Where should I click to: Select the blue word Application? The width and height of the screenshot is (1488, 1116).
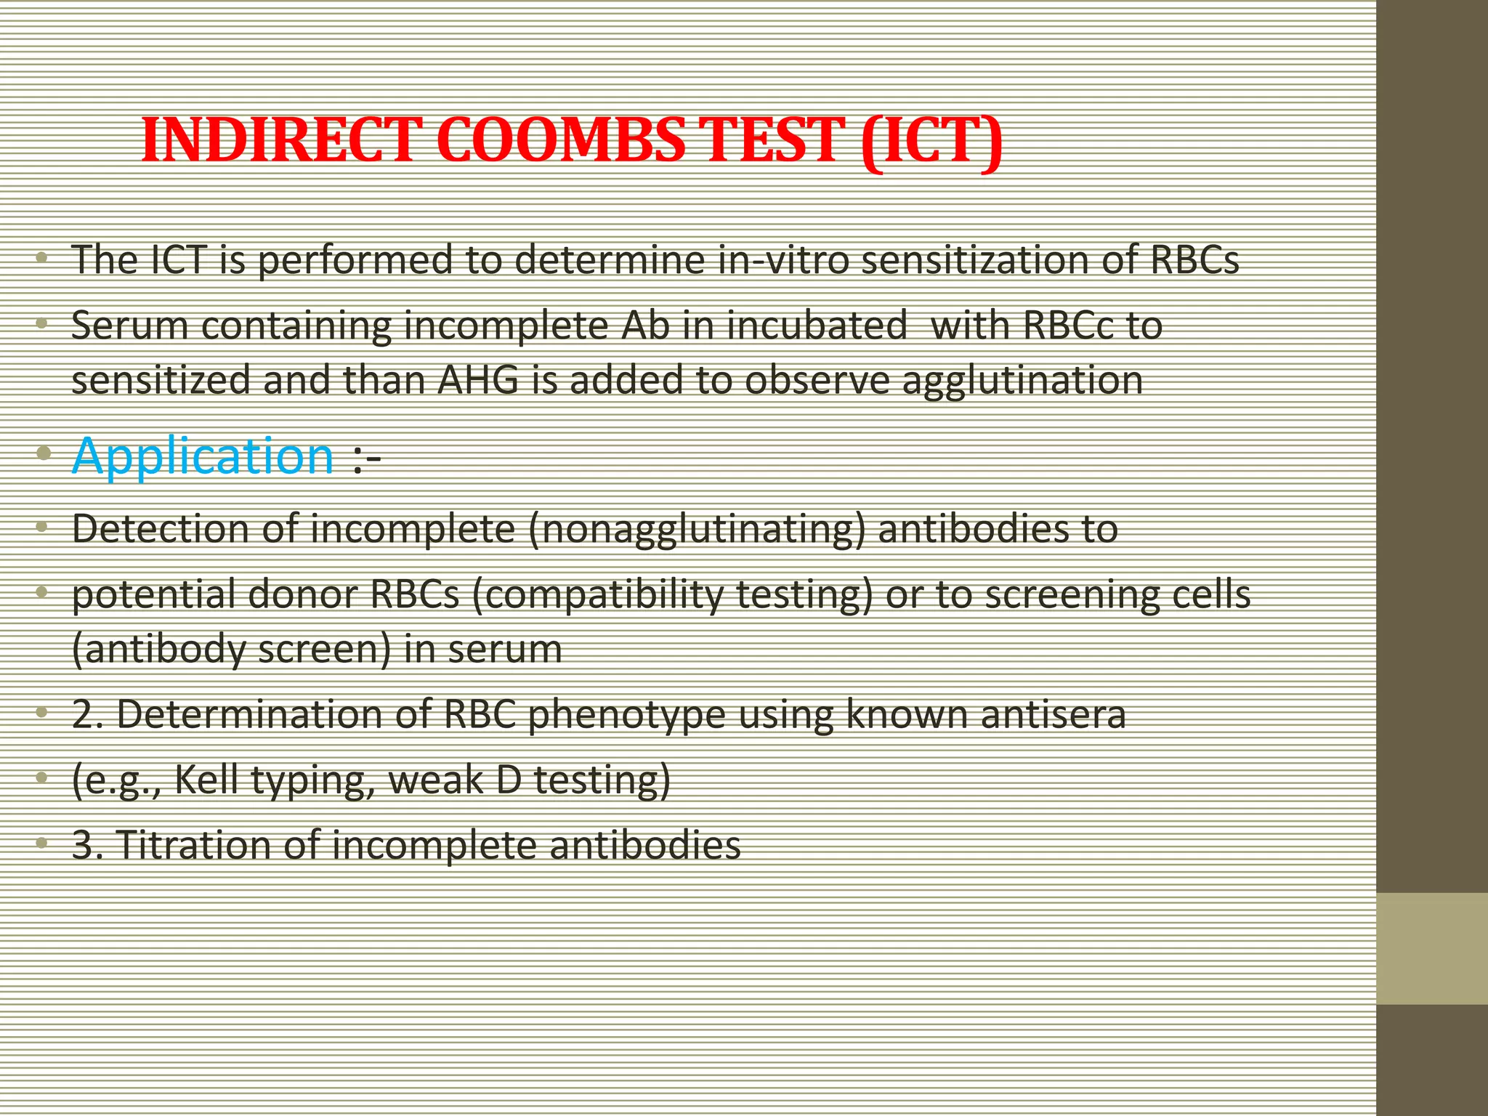pyautogui.click(x=203, y=457)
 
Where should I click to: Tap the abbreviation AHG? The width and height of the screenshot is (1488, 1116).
pyautogui.click(x=479, y=379)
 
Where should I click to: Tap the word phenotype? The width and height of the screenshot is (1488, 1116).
pyautogui.click(x=626, y=715)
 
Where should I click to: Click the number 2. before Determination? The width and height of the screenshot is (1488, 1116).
pyautogui.click(x=89, y=715)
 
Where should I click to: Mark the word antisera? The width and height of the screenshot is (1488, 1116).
pyautogui.click(x=1053, y=714)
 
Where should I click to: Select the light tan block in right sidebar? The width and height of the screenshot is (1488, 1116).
pyautogui.click(x=1431, y=948)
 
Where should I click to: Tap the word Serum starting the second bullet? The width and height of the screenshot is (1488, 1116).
pyautogui.click(x=130, y=325)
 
